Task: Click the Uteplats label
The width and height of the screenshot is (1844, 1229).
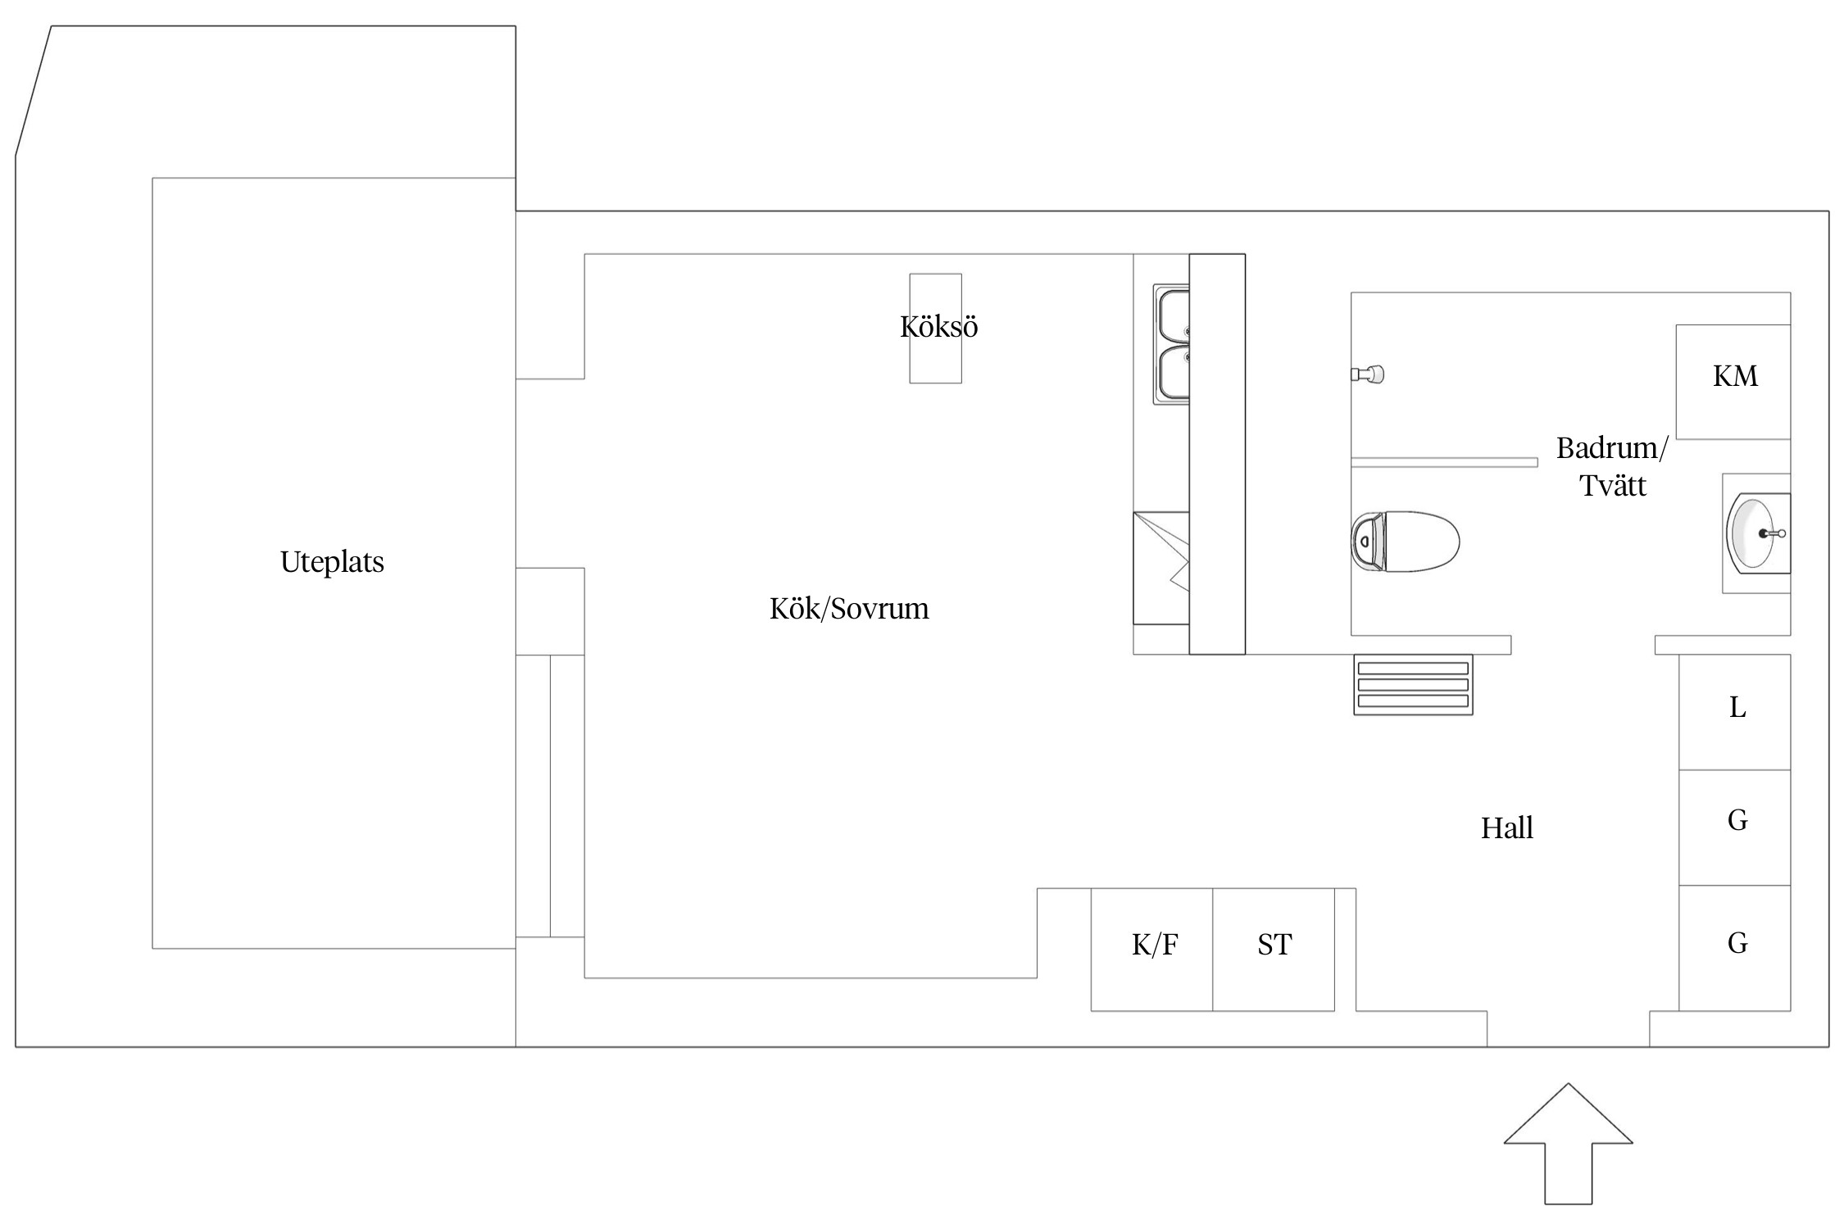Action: [x=332, y=562]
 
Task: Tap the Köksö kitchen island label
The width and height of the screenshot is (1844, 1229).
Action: [x=938, y=327]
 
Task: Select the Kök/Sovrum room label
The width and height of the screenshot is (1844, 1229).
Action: [x=849, y=609]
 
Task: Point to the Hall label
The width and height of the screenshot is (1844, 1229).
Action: [x=1506, y=828]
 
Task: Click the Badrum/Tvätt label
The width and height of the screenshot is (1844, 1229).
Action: [x=1612, y=466]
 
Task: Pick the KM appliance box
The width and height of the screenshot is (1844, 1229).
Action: [x=1733, y=382]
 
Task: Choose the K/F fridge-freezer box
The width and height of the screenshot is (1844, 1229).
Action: [x=1151, y=950]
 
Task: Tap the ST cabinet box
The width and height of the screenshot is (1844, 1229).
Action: [x=1274, y=950]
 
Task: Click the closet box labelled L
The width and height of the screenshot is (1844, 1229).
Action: [x=1734, y=712]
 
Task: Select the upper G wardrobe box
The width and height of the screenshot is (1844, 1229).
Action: [x=1734, y=828]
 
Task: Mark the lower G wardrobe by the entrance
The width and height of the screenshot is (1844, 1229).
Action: [x=1734, y=948]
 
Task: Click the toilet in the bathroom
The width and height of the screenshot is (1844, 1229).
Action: [x=1405, y=542]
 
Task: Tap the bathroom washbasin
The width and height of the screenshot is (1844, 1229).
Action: [x=1755, y=533]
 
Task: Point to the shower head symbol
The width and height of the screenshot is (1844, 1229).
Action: [x=1368, y=374]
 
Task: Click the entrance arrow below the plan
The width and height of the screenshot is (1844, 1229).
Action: [x=1568, y=1144]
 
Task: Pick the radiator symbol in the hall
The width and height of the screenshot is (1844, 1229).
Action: [x=1413, y=685]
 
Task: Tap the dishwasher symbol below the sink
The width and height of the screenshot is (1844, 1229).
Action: [x=1161, y=569]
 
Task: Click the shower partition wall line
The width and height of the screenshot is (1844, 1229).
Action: [x=1444, y=463]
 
